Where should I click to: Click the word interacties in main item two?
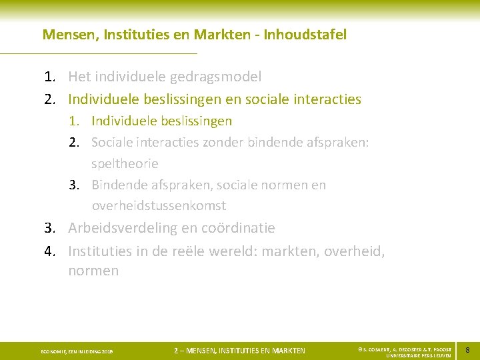[325, 99]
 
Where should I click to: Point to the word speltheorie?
[125, 163]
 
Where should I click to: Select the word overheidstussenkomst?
[159, 205]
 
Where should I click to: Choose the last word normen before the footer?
[93, 271]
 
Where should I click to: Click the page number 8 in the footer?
[467, 350]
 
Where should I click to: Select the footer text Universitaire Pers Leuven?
[413, 355]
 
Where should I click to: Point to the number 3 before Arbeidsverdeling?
[49, 228]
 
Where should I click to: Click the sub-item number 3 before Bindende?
[75, 185]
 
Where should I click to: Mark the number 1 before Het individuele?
[49, 77]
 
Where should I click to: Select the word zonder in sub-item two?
[237, 142]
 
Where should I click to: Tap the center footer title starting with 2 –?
[239, 351]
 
